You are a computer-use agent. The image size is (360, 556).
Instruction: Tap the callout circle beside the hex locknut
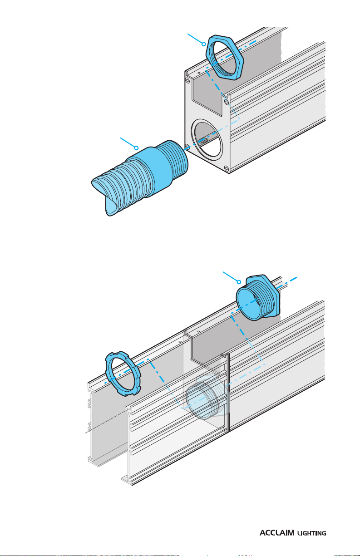point(203,44)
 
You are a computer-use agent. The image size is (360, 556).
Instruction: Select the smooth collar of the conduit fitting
point(152,171)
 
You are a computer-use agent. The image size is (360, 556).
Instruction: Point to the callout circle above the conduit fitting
point(136,148)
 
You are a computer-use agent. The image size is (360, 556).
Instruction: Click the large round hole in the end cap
point(207,141)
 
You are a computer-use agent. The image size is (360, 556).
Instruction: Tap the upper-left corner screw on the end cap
point(187,80)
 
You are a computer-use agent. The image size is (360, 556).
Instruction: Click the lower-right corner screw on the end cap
point(227,168)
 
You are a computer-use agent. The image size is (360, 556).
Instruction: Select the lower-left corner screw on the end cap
point(187,146)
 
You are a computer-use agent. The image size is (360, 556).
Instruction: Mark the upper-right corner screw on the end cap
point(226,102)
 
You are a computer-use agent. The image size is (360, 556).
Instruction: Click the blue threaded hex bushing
point(258,297)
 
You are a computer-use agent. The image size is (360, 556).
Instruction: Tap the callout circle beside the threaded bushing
point(239,282)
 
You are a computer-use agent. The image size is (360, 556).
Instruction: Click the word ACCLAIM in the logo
point(277,533)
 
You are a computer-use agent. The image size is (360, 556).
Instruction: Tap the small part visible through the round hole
point(203,142)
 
